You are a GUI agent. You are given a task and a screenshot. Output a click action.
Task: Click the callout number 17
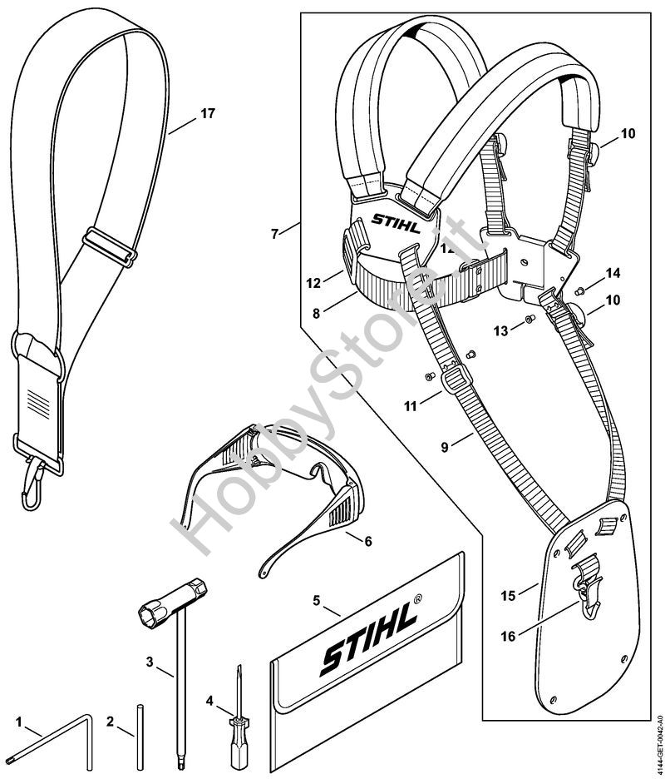(x=207, y=114)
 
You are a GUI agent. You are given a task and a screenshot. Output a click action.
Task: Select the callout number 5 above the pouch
(x=316, y=598)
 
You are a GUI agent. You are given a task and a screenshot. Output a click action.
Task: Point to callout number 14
(x=613, y=272)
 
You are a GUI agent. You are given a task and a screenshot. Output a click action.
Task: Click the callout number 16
(x=509, y=636)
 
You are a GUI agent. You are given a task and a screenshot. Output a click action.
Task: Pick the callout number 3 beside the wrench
(x=150, y=662)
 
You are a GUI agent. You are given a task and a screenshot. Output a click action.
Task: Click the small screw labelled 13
(x=528, y=321)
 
